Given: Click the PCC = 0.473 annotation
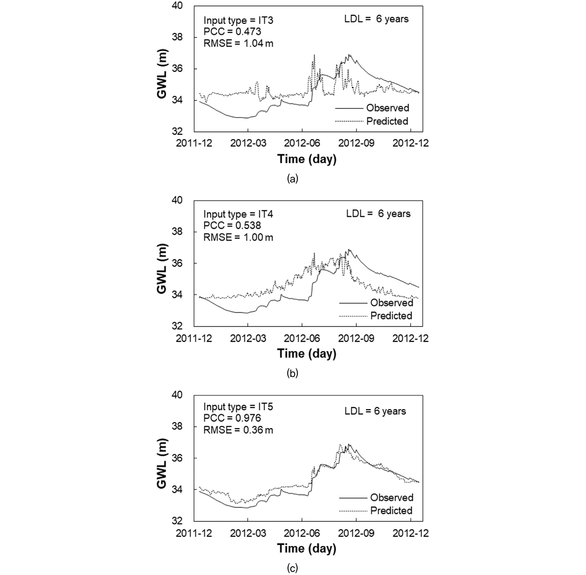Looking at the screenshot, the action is click(x=232, y=32).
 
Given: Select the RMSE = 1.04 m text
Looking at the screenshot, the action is click(x=238, y=43).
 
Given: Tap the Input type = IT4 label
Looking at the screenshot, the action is click(x=238, y=214).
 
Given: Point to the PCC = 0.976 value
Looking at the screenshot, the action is click(x=232, y=418).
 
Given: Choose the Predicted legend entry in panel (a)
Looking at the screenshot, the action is click(x=372, y=121).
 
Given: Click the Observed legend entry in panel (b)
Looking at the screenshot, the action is click(x=376, y=303).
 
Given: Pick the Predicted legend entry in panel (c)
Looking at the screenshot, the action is click(x=376, y=510).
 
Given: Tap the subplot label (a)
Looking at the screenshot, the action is click(x=292, y=179).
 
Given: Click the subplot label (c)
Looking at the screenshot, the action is click(x=292, y=568).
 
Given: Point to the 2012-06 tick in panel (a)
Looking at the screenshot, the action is click(x=302, y=143).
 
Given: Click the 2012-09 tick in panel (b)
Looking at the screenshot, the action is click(x=356, y=338).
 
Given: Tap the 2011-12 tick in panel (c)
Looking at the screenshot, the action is click(x=194, y=533).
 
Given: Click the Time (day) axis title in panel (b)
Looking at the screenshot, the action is click(x=307, y=353).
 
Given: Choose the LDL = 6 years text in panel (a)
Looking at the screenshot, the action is click(x=376, y=19).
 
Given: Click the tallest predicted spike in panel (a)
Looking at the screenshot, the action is click(x=314, y=55).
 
